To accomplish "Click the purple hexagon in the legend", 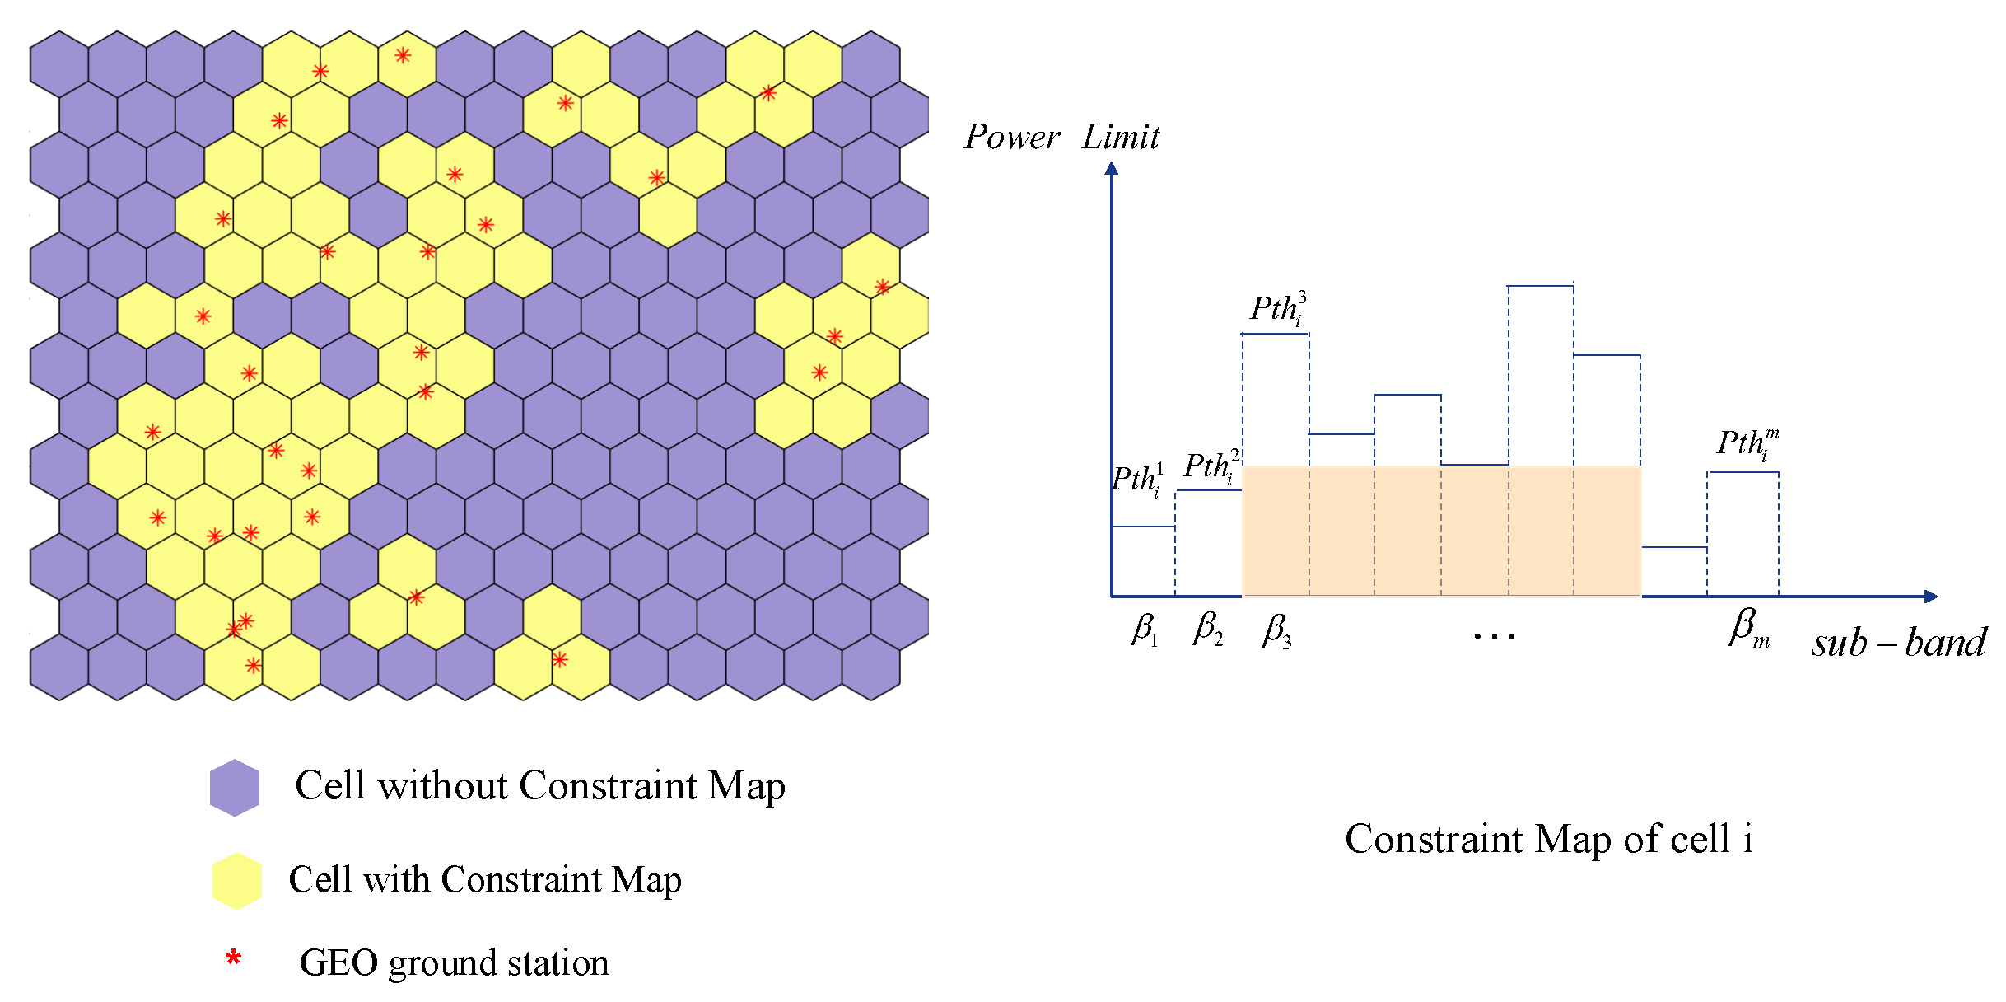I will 235,787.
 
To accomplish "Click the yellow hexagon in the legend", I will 237,881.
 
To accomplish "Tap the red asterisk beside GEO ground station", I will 234,958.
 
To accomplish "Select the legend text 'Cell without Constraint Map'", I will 540,785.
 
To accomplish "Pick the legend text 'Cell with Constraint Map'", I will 485,879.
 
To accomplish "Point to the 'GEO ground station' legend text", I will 454,962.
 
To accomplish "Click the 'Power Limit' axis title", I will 1061,137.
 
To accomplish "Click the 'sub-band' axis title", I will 1899,642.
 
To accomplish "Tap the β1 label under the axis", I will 1145,630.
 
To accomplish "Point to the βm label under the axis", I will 1748,629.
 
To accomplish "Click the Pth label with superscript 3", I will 1277,308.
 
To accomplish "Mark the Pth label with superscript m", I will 1747,443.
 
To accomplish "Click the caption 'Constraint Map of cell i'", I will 1549,839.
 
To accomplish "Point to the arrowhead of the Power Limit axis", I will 1112,168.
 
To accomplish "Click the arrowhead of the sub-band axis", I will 1931,596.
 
